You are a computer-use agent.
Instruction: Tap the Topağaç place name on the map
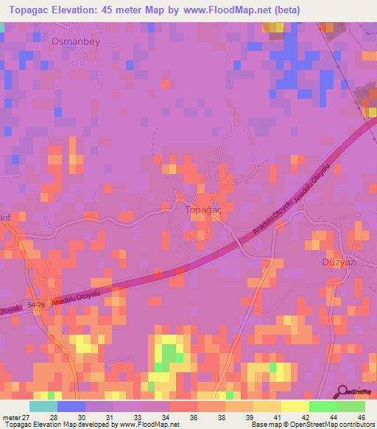(202, 209)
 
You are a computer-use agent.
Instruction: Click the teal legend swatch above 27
(43, 406)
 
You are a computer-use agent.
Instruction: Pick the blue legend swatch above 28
(71, 406)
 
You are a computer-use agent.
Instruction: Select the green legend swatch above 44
(323, 406)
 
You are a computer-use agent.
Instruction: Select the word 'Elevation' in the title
(87, 11)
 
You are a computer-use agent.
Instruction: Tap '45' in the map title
(130, 11)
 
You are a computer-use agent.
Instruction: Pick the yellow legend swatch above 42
(295, 406)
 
